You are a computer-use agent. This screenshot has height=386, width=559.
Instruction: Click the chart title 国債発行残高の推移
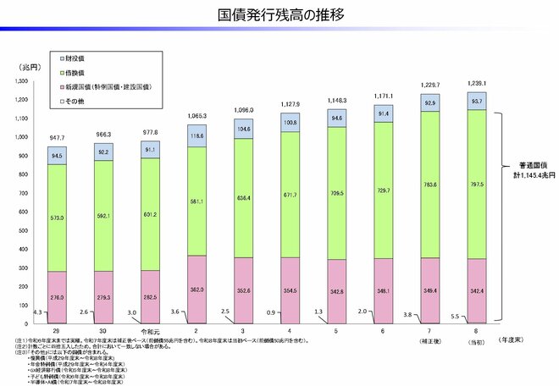pyautogui.click(x=279, y=16)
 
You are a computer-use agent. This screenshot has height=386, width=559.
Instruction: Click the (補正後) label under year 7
pyautogui.click(x=429, y=340)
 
